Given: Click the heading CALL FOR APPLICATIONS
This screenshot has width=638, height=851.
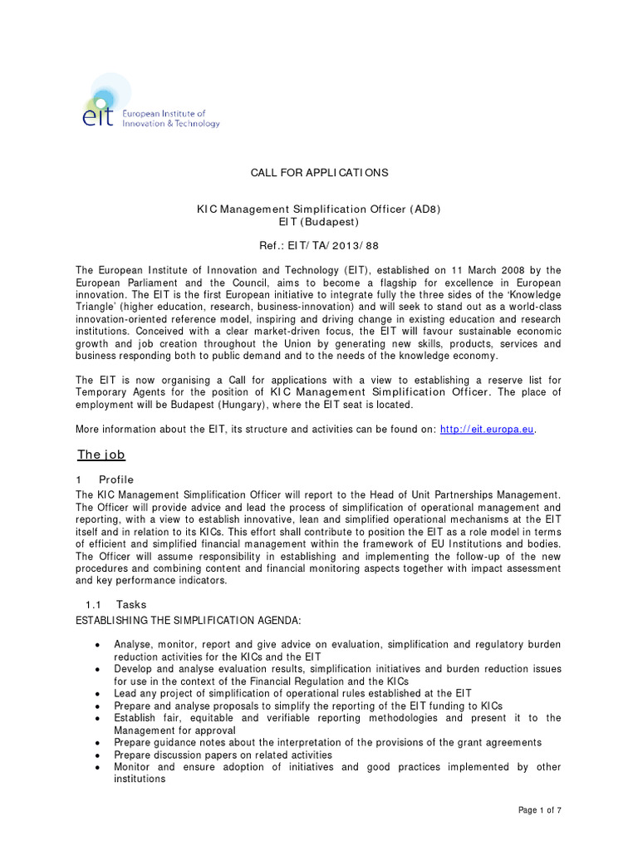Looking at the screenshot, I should click(x=319, y=173).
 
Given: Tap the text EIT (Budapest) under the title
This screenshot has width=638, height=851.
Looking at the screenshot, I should click(x=319, y=223).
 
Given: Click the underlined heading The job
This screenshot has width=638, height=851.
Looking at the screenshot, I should click(x=101, y=455).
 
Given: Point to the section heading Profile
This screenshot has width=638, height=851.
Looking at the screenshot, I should click(x=116, y=480).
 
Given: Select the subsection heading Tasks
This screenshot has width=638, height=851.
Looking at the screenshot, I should click(x=131, y=604).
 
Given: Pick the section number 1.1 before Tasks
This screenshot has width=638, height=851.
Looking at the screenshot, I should click(x=94, y=604).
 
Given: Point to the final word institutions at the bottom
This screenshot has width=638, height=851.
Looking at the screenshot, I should click(x=140, y=780).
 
